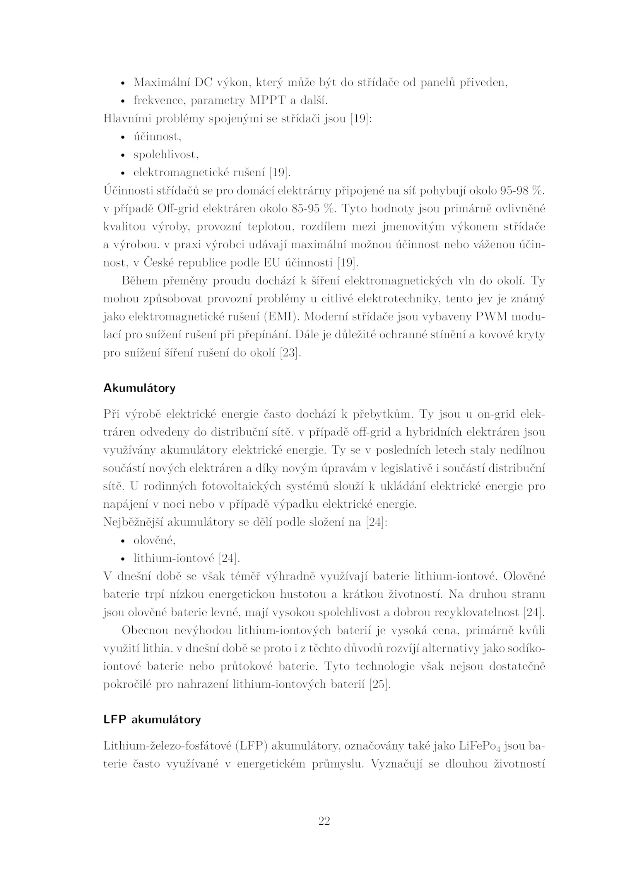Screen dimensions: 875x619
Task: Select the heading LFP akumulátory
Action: pyautogui.click(x=152, y=719)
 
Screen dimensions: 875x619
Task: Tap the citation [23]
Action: pyautogui.click(x=290, y=353)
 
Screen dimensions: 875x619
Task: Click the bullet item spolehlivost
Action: pyautogui.click(x=166, y=155)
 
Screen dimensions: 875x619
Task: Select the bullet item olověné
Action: pyautogui.click(x=154, y=540)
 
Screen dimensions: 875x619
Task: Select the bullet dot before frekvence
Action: pyautogui.click(x=123, y=102)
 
